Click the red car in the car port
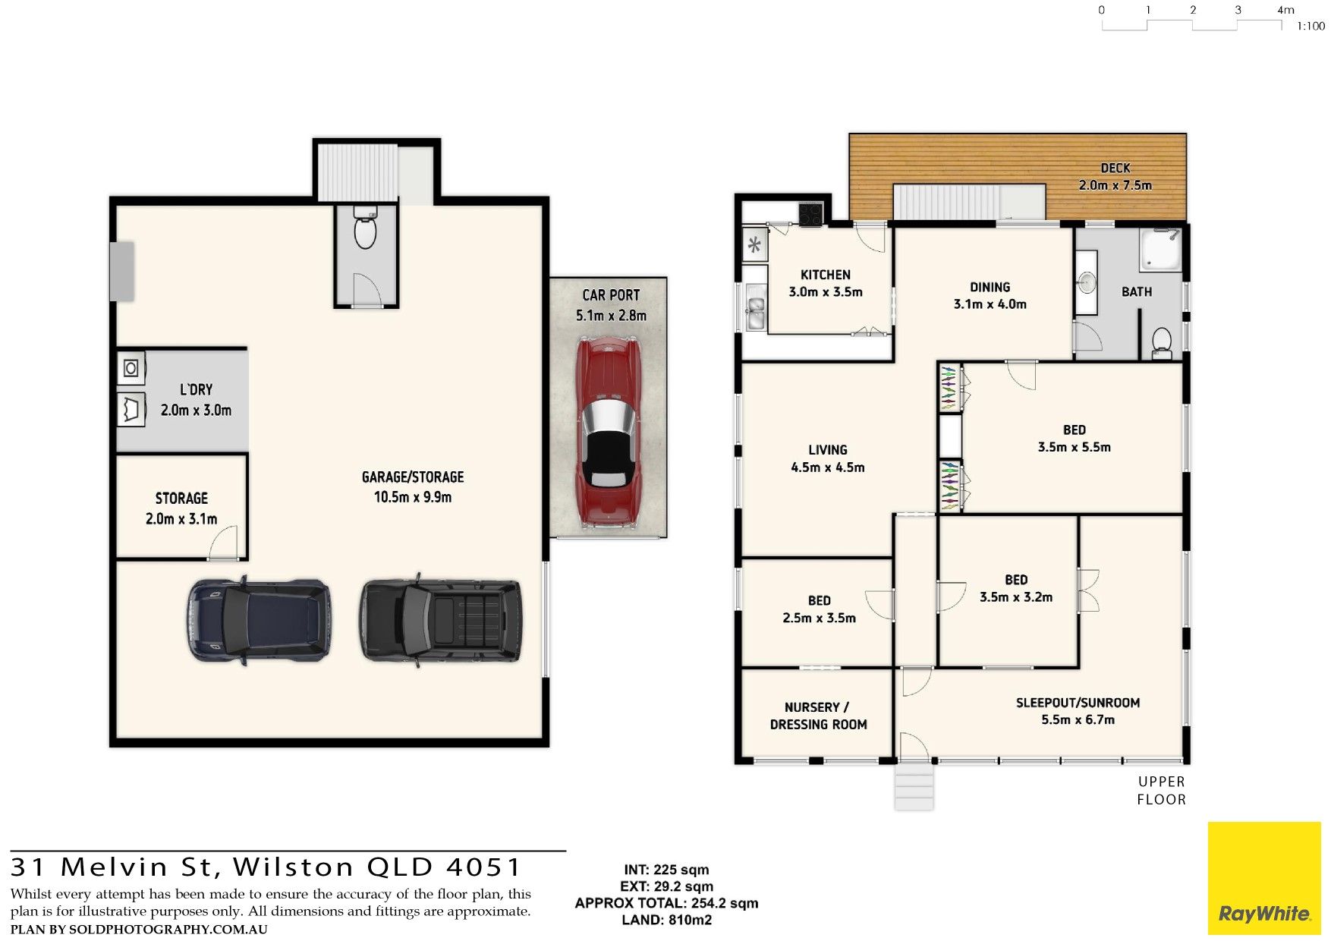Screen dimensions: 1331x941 [x=608, y=433]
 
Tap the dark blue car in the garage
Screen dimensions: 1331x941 [x=259, y=620]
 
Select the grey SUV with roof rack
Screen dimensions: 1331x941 [x=441, y=620]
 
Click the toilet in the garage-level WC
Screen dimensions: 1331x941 [x=366, y=228]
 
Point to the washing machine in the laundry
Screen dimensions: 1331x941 [x=131, y=369]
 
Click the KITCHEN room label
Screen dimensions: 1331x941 [x=826, y=275]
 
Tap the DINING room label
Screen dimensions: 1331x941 [x=990, y=287]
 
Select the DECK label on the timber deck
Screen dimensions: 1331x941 [x=1115, y=168]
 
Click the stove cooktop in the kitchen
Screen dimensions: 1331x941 [x=810, y=214]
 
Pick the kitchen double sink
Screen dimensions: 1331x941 [x=756, y=308]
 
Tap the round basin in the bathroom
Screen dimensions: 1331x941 [x=1087, y=283]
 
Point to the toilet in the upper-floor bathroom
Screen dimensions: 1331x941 [x=1162, y=344]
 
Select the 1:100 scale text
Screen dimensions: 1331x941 [x=1311, y=27]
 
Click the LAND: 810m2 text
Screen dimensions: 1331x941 [x=667, y=920]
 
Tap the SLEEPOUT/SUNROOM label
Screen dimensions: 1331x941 [x=1078, y=703]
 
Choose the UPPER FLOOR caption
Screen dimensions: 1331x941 [x=1161, y=790]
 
